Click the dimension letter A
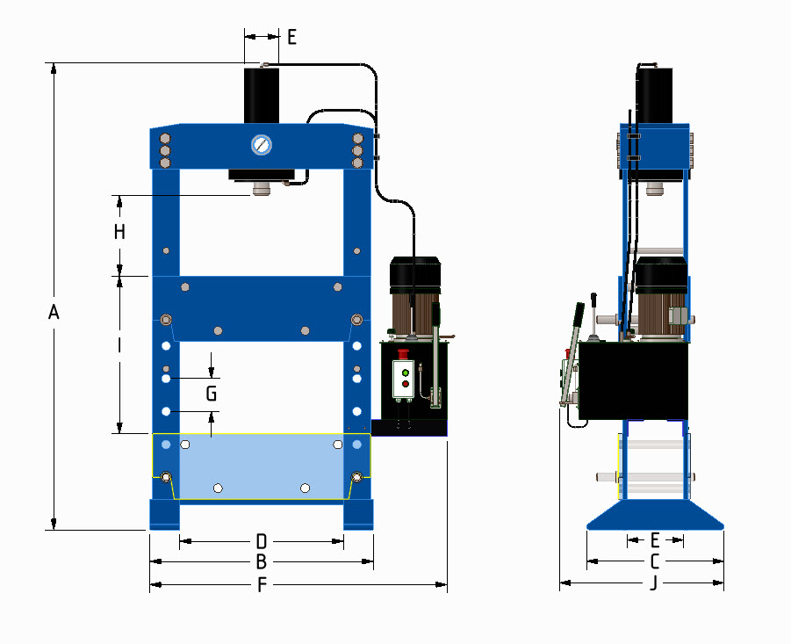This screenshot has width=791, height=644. coord(54,313)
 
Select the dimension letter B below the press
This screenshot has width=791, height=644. coord(261,561)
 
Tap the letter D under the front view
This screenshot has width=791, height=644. coord(261,540)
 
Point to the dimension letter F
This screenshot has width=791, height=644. coord(261,585)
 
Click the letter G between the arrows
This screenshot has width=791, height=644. coord(211,394)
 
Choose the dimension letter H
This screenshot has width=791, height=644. coord(119,233)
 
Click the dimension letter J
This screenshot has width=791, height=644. coord(652,584)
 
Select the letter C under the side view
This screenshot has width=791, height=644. coord(655,561)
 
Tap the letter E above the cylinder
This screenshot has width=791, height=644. coord(291,37)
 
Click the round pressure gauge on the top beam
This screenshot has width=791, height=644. coord(262,145)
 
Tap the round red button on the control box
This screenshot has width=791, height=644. coord(405,384)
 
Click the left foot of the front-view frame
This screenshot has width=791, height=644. coord(164,514)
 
